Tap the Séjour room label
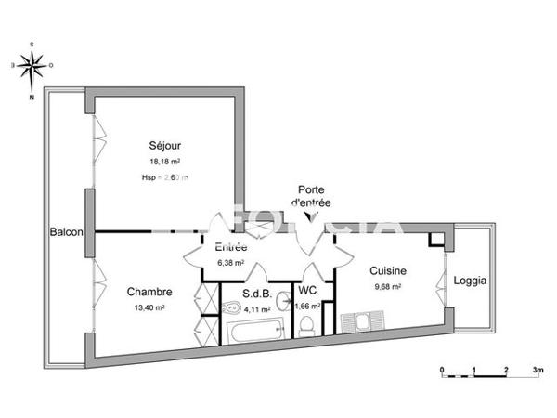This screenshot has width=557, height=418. point(165,146)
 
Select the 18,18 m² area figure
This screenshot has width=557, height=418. point(165,161)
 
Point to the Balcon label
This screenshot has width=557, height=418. point(67,232)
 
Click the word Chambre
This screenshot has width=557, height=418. point(149,292)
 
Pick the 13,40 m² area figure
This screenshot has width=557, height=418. point(149,307)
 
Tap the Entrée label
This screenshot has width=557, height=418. point(231,247)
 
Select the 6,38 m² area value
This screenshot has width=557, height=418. point(231,262)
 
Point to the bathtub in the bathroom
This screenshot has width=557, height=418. point(256,329)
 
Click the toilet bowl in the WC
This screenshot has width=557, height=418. point(305,325)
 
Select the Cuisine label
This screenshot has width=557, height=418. point(388,271)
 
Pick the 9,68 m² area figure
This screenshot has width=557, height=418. point(388,287)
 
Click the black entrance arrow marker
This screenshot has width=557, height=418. point(310,216)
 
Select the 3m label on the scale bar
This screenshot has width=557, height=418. point(537,369)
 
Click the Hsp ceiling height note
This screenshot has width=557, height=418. point(165,176)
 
